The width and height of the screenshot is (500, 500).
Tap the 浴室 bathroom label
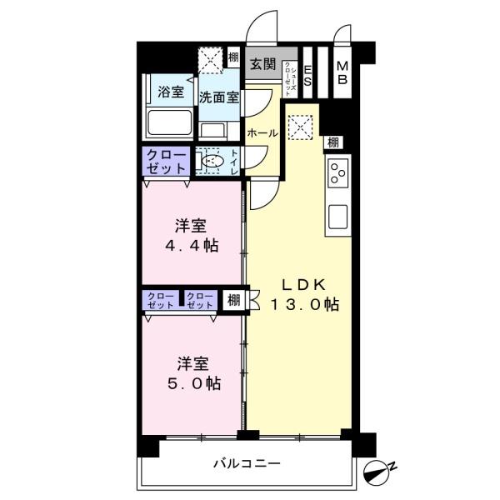(172, 92)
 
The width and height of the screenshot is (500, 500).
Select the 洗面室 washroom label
(219, 97)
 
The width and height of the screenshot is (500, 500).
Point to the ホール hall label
(262, 132)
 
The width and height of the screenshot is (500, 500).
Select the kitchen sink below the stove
(338, 215)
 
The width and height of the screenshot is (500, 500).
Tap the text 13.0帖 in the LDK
(303, 305)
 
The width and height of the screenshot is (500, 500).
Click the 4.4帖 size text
(191, 247)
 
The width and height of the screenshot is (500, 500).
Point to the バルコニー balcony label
(246, 462)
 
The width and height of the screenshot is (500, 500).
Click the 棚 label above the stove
(332, 142)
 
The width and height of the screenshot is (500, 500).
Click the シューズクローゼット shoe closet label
(288, 72)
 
